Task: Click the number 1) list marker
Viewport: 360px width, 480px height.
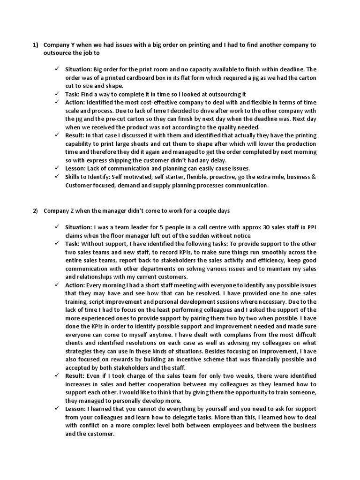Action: pyautogui.click(x=35, y=45)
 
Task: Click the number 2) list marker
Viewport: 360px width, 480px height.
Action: pyautogui.click(x=35, y=211)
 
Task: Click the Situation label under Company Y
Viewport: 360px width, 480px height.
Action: pyautogui.click(x=78, y=69)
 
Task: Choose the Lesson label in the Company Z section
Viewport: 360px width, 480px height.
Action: pyautogui.click(x=76, y=409)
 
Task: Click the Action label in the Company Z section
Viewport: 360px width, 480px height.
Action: pyautogui.click(x=75, y=285)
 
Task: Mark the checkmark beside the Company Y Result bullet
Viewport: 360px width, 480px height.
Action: pyautogui.click(x=57, y=135)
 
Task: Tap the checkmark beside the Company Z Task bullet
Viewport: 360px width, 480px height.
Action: pyautogui.click(x=57, y=244)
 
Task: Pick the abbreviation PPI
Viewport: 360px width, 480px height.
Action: pyautogui.click(x=311, y=227)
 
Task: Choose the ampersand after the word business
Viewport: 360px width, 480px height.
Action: pyautogui.click(x=314, y=177)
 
